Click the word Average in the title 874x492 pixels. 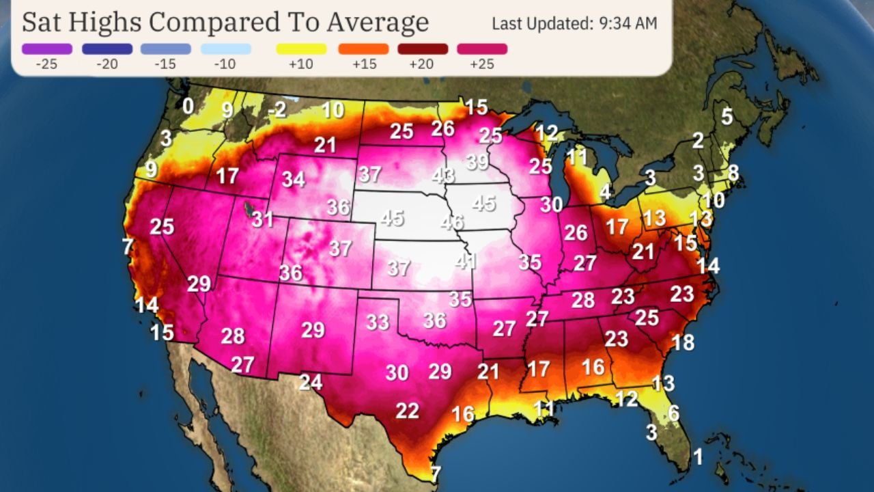tap(376, 22)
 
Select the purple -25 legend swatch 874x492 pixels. tap(46, 49)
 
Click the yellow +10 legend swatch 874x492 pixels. tap(301, 49)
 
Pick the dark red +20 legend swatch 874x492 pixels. tap(423, 49)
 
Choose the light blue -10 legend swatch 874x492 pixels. tap(226, 49)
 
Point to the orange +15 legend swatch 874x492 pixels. tap(363, 49)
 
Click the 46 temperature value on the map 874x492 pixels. tap(452, 222)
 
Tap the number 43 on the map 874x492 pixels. tap(443, 176)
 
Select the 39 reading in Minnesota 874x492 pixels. tap(477, 163)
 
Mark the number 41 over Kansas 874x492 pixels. tap(466, 261)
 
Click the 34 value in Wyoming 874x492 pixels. tap(294, 180)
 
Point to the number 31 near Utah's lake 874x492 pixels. tap(262, 219)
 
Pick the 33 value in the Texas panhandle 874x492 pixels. tap(378, 322)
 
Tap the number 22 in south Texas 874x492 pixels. tap(408, 411)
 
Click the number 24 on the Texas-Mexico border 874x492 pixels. tap(311, 382)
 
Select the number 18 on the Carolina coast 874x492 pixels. tap(683, 342)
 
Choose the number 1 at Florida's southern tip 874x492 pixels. tap(698, 457)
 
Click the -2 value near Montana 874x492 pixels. tap(277, 109)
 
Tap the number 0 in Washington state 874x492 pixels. tap(188, 106)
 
